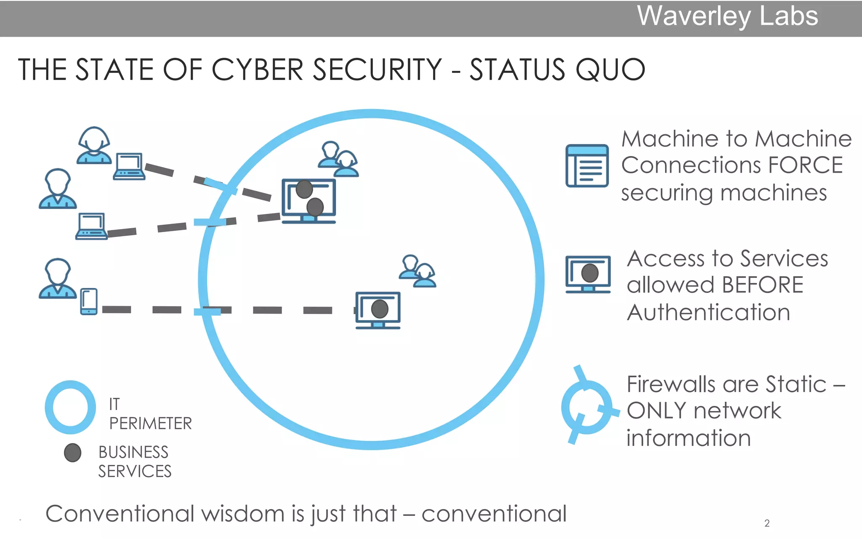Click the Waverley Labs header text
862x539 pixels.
[x=727, y=17]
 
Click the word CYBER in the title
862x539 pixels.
[x=257, y=69]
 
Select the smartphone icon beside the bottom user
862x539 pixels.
[x=89, y=302]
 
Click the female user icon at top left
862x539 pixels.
[x=94, y=145]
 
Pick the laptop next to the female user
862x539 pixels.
[x=129, y=167]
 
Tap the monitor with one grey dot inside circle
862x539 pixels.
[x=378, y=310]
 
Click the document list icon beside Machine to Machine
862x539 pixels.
[x=587, y=165]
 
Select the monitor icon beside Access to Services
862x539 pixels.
[x=588, y=274]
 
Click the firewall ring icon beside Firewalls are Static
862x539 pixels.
[x=587, y=407]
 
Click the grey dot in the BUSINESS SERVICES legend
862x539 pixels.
[x=72, y=453]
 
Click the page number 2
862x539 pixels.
[x=767, y=523]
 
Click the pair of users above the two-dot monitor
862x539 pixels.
[x=338, y=159]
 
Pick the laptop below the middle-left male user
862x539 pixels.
[x=91, y=227]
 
